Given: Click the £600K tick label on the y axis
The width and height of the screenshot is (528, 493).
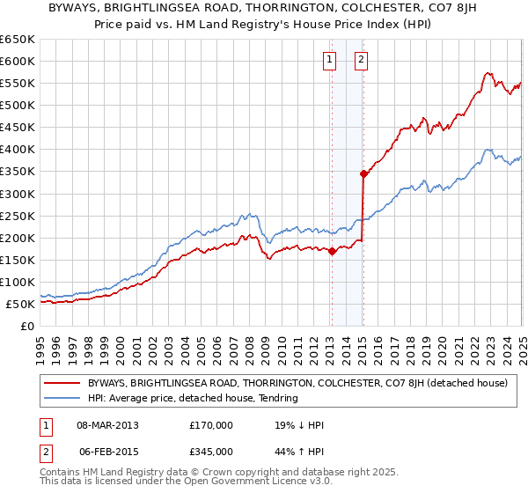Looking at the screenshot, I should (18, 62).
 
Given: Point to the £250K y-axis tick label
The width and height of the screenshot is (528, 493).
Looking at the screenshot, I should (18, 216).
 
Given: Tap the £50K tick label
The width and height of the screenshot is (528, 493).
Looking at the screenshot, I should (21, 304).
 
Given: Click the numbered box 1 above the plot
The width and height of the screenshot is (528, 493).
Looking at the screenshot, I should (329, 61).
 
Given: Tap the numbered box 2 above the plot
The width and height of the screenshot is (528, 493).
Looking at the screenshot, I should (362, 61).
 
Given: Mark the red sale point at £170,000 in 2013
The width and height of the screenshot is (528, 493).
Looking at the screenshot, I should (332, 251).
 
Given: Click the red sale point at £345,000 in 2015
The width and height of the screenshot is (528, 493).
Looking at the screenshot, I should (363, 173).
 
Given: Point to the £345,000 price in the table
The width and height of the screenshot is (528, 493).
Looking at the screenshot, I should (212, 452).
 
